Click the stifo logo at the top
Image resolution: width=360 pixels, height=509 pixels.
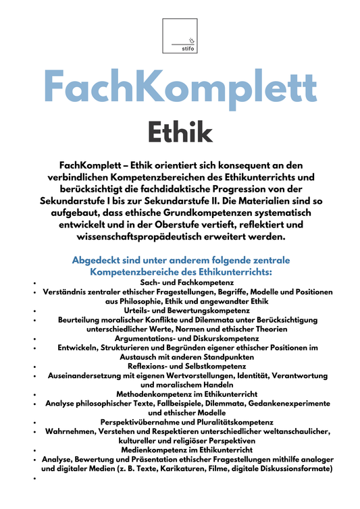point(180,36)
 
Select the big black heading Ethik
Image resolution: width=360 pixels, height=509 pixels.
point(180,132)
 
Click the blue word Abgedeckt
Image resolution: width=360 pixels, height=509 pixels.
point(99,260)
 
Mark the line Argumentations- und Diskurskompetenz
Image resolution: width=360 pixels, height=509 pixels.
point(180,338)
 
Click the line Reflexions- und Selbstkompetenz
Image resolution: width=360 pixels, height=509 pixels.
point(180,365)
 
